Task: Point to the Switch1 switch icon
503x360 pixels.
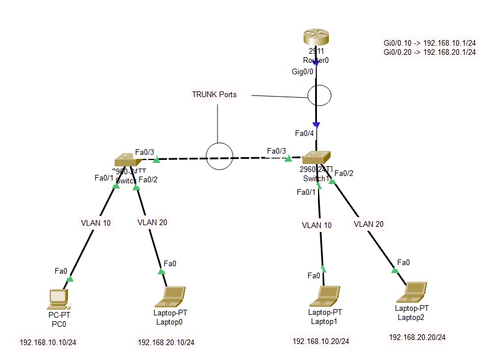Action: point(316,158)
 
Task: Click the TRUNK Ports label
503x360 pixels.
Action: point(214,95)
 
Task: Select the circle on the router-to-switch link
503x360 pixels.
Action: point(319,95)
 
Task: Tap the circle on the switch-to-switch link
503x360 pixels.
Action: point(219,156)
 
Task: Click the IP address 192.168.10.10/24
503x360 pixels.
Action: point(49,343)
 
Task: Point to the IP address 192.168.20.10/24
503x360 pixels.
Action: point(166,343)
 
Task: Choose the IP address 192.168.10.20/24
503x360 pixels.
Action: point(321,341)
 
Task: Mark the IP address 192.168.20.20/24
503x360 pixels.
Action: point(417,337)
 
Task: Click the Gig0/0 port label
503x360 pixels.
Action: point(303,71)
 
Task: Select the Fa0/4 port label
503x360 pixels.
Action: point(304,134)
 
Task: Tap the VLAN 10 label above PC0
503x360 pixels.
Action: point(96,223)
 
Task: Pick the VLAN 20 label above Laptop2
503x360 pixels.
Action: point(368,224)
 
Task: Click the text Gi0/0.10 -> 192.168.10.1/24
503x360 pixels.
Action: point(430,43)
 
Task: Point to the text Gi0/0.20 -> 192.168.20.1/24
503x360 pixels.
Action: point(430,52)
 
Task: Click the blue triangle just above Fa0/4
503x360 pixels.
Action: point(316,125)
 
